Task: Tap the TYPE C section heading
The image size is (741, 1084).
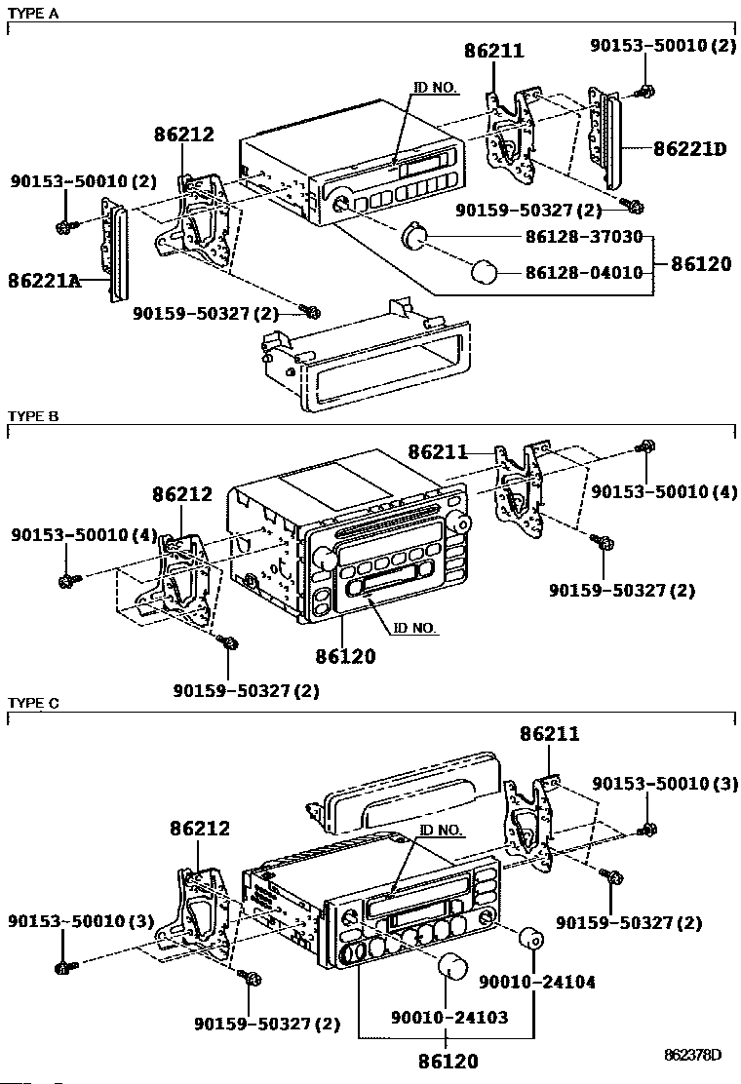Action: pos(33,703)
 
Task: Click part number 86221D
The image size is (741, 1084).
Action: pos(689,149)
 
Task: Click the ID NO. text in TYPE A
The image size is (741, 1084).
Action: pos(435,88)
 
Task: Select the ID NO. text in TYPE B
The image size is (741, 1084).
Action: pos(414,628)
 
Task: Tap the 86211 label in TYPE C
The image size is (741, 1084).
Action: pos(549,734)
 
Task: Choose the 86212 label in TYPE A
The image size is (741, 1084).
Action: pos(183,135)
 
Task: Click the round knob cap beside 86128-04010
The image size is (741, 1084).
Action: pos(485,272)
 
